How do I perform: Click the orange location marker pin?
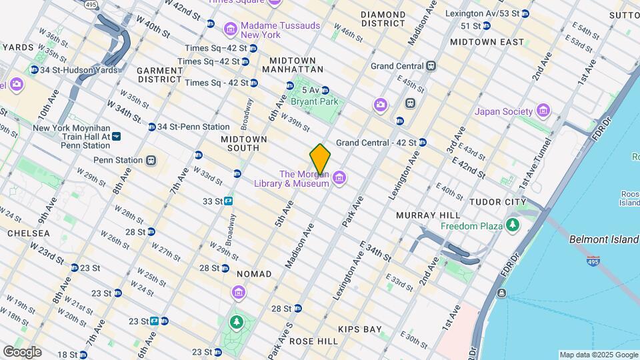tap(321, 160)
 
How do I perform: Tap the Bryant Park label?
tap(314, 102)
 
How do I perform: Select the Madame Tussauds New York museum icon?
tap(230, 29)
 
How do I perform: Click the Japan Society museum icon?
tap(543, 111)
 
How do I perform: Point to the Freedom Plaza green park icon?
tap(513, 226)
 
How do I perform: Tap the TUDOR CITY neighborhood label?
tap(497, 202)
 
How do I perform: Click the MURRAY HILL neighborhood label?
tap(427, 215)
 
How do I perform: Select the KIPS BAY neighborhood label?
tap(360, 329)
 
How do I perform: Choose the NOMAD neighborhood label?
tap(254, 274)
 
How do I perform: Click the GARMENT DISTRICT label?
tap(160, 75)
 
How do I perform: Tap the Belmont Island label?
tap(604, 239)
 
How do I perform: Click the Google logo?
tap(22, 351)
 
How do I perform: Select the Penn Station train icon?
tap(151, 160)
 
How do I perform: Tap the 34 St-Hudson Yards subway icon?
tap(34, 70)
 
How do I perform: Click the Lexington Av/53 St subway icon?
tap(525, 13)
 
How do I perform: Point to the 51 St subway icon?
tap(487, 25)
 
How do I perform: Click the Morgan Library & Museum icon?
tap(339, 177)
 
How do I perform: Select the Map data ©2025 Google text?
tap(598, 355)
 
